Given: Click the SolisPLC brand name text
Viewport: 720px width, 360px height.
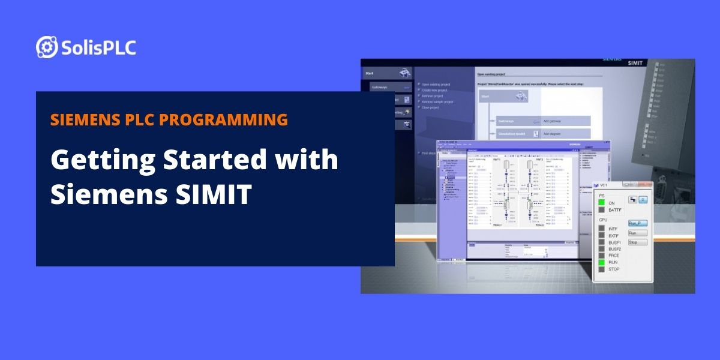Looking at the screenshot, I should [x=98, y=47].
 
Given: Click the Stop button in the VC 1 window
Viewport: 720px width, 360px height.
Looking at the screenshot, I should [x=637, y=242].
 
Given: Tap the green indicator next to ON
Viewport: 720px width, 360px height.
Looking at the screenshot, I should [x=602, y=203].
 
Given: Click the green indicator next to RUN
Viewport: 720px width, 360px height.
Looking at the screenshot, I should [x=602, y=262].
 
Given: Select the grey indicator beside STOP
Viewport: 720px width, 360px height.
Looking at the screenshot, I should [x=602, y=269].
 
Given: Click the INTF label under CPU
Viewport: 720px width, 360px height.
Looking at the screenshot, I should [x=613, y=229].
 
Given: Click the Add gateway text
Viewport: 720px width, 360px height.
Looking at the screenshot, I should [x=553, y=121].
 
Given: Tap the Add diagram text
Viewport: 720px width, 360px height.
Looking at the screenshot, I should [x=553, y=134].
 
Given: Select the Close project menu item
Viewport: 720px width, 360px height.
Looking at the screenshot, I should [x=434, y=107].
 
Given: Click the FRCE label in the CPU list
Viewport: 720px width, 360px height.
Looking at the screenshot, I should [x=614, y=256].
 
